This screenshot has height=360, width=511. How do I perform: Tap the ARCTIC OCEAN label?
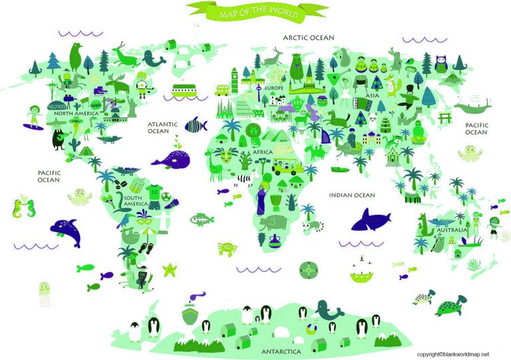click(x=308, y=38)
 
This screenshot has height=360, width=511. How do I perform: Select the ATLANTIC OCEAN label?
click(x=162, y=127)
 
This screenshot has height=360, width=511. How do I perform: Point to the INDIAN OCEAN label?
click(x=351, y=195)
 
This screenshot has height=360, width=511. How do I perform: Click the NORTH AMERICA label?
click(x=77, y=114)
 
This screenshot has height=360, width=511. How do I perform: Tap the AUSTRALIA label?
click(x=450, y=230)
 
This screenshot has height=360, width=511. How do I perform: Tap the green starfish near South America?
click(x=170, y=270)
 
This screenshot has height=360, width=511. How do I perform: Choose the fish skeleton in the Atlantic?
click(x=201, y=218)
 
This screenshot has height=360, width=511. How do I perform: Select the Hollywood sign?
click(x=57, y=106)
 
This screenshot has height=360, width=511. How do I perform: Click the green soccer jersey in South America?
click(x=154, y=194)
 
